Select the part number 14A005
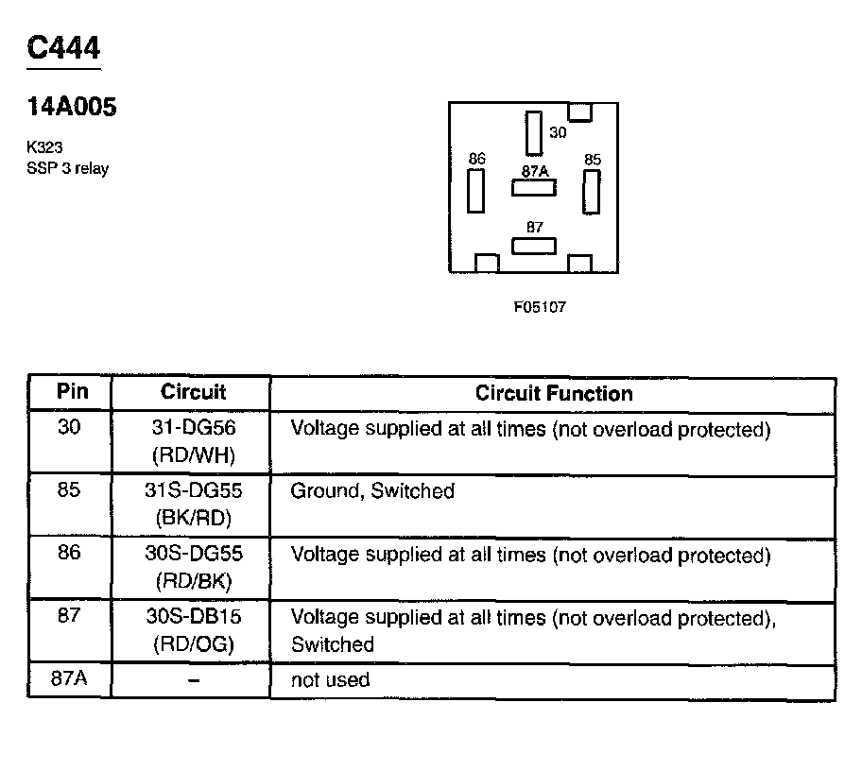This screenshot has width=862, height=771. click(x=72, y=107)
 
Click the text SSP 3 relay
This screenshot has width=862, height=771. click(x=68, y=168)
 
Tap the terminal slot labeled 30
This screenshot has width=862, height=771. click(x=534, y=132)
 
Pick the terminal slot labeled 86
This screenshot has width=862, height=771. click(x=476, y=191)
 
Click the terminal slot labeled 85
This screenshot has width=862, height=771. click(x=592, y=191)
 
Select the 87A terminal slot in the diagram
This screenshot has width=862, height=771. click(x=534, y=187)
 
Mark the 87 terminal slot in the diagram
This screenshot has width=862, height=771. click(x=534, y=246)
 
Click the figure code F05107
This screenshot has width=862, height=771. click(x=540, y=307)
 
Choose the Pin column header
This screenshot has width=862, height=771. click(x=69, y=392)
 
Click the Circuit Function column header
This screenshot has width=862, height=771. click(x=554, y=393)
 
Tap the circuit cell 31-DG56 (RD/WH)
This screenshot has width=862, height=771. click(x=193, y=441)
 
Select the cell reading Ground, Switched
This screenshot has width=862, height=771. click(x=372, y=491)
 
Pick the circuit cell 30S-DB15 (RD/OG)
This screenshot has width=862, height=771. click(x=193, y=631)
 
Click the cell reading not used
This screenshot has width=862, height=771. click(x=330, y=680)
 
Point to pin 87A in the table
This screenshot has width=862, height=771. click(x=69, y=680)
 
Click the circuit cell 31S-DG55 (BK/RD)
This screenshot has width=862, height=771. click(x=193, y=505)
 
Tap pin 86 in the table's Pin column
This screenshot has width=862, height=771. click(x=69, y=554)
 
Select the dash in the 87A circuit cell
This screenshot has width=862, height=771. click(x=193, y=681)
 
